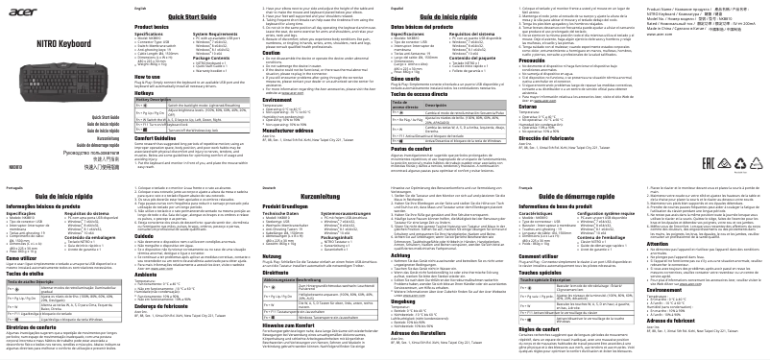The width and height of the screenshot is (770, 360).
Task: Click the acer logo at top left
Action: pos(32,13)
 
